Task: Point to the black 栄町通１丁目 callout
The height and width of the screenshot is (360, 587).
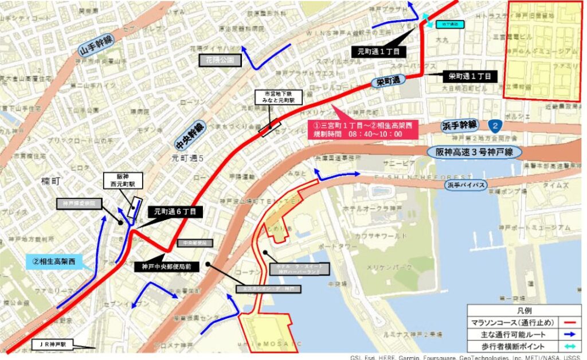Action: click(x=469, y=76)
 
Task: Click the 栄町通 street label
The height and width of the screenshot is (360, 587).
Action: click(x=387, y=83)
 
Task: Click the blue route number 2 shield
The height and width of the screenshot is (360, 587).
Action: click(x=494, y=124)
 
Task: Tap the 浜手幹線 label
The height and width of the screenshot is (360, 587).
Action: click(x=460, y=124)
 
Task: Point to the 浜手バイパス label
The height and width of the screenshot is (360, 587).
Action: click(x=465, y=185)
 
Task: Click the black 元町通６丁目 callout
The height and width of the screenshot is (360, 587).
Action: click(x=175, y=212)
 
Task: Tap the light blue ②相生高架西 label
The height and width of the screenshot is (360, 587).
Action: click(x=54, y=262)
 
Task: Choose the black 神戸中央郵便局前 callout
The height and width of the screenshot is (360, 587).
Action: click(x=167, y=267)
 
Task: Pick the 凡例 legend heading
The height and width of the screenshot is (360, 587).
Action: click(x=525, y=310)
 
